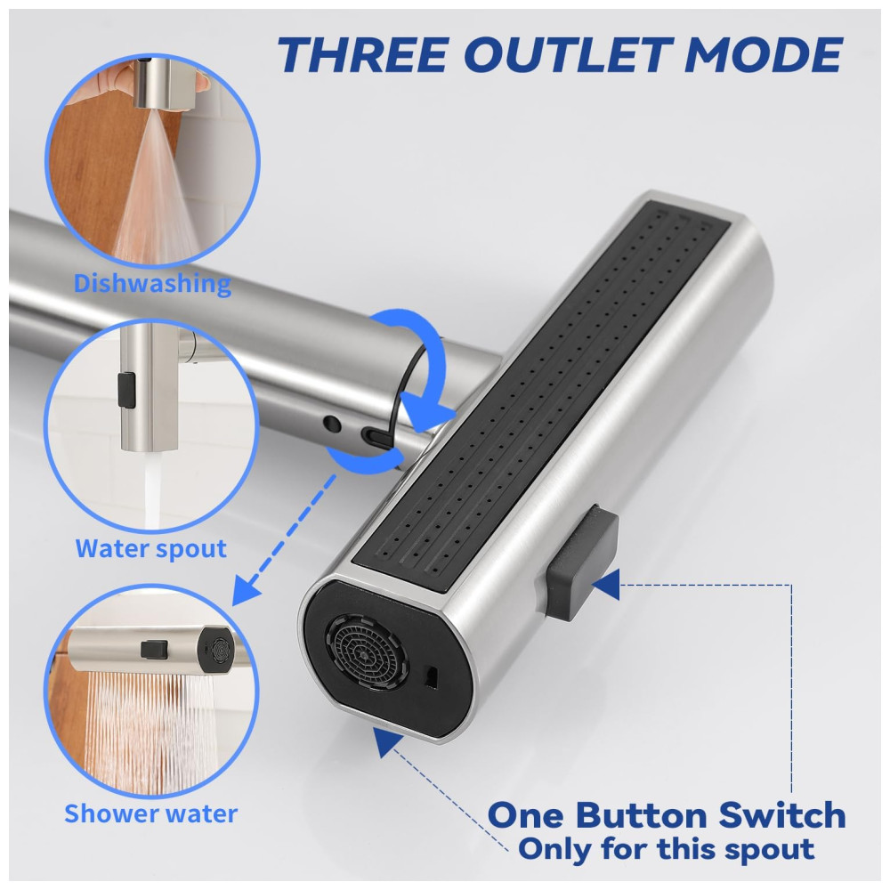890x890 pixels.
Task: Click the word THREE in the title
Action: pyautogui.click(x=363, y=54)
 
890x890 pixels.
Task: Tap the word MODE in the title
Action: pyautogui.click(x=765, y=54)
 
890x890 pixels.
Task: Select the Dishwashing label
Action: pyautogui.click(x=152, y=283)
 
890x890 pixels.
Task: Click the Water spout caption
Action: pyautogui.click(x=151, y=548)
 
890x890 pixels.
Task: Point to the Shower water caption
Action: pyautogui.click(x=150, y=813)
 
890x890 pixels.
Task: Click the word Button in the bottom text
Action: pyautogui.click(x=642, y=815)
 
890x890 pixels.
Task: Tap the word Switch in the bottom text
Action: pyautogui.click(x=782, y=815)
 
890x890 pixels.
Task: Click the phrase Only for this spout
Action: pyautogui.click(x=667, y=850)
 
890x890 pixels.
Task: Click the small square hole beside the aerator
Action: pyautogui.click(x=432, y=676)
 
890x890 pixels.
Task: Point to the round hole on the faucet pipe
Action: pyautogui.click(x=332, y=424)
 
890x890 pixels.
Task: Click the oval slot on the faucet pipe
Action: pyautogui.click(x=376, y=436)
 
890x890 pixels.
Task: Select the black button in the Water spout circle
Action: pyautogui.click(x=126, y=390)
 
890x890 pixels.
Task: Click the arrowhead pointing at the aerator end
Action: pyautogui.click(x=386, y=743)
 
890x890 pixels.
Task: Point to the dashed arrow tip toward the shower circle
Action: pyautogui.click(x=246, y=591)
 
